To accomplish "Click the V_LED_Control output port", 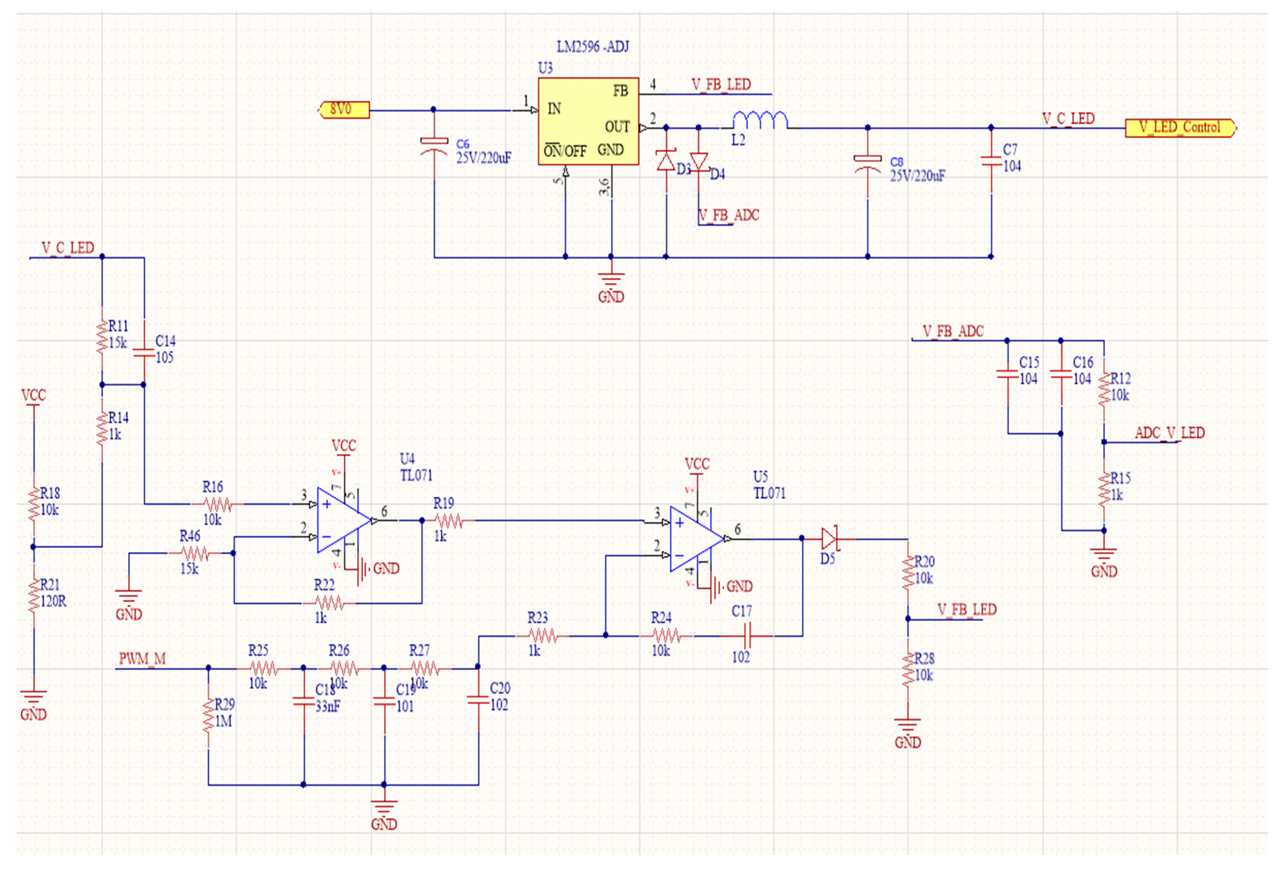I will [1180, 128].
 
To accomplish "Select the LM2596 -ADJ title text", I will [593, 47].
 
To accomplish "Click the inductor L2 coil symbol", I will [760, 121].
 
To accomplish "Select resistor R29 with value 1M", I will [208, 714].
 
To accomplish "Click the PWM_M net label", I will [142, 659].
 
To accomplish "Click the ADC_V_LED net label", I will [1170, 433].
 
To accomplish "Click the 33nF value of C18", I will [328, 706].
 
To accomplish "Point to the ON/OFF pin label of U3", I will [565, 151].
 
